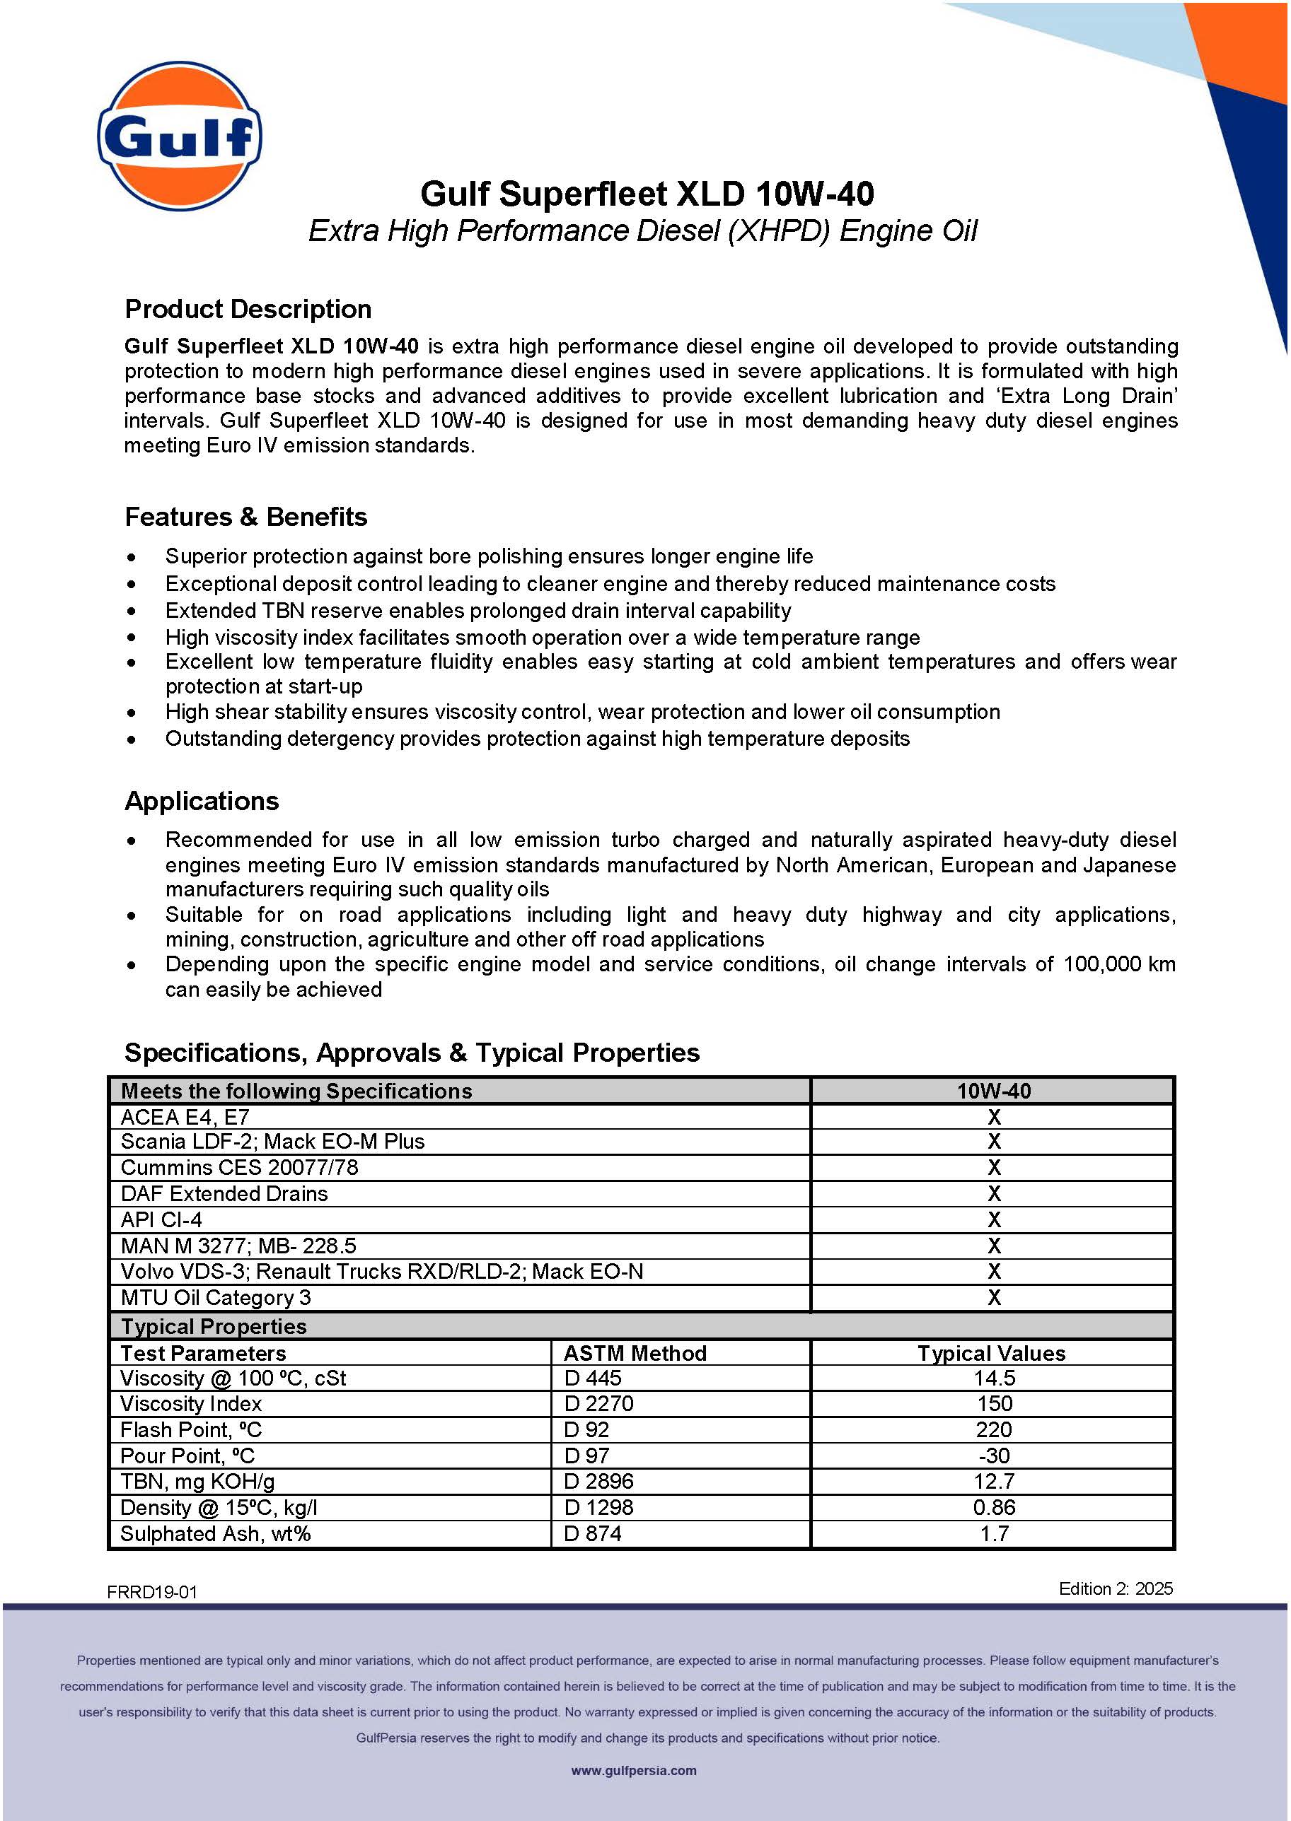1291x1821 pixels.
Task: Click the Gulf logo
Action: point(180,136)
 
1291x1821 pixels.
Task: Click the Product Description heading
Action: point(248,309)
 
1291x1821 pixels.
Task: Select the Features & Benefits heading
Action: point(245,517)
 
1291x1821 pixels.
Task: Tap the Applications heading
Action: point(202,801)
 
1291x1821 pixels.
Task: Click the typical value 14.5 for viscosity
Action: point(994,1378)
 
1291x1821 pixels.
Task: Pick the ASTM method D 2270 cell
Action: point(598,1403)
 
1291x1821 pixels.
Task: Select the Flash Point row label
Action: point(191,1429)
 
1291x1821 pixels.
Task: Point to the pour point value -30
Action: point(993,1456)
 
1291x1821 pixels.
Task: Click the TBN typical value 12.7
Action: point(994,1481)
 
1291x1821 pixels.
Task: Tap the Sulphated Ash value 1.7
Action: point(994,1533)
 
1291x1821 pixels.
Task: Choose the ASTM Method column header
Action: point(635,1353)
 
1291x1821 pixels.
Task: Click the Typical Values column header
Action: point(991,1353)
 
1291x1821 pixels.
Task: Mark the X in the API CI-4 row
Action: point(994,1219)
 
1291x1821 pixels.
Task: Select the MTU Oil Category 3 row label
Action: point(216,1297)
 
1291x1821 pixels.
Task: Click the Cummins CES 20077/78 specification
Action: point(239,1167)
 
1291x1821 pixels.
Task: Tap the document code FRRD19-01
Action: point(152,1592)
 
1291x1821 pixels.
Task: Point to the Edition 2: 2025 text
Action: point(1116,1588)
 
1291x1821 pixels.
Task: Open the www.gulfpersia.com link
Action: point(634,1770)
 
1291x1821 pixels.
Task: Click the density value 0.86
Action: point(994,1507)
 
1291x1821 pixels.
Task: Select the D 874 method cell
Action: point(592,1533)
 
